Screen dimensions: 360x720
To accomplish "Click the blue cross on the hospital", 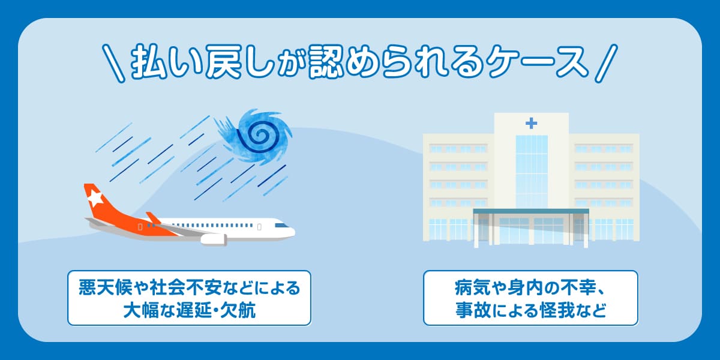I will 531,124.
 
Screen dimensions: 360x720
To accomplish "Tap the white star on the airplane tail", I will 94,197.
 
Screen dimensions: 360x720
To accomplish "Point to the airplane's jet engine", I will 214,239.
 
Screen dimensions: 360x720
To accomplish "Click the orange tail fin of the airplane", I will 96,201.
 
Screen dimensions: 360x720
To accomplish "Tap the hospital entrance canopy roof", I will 530,211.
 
